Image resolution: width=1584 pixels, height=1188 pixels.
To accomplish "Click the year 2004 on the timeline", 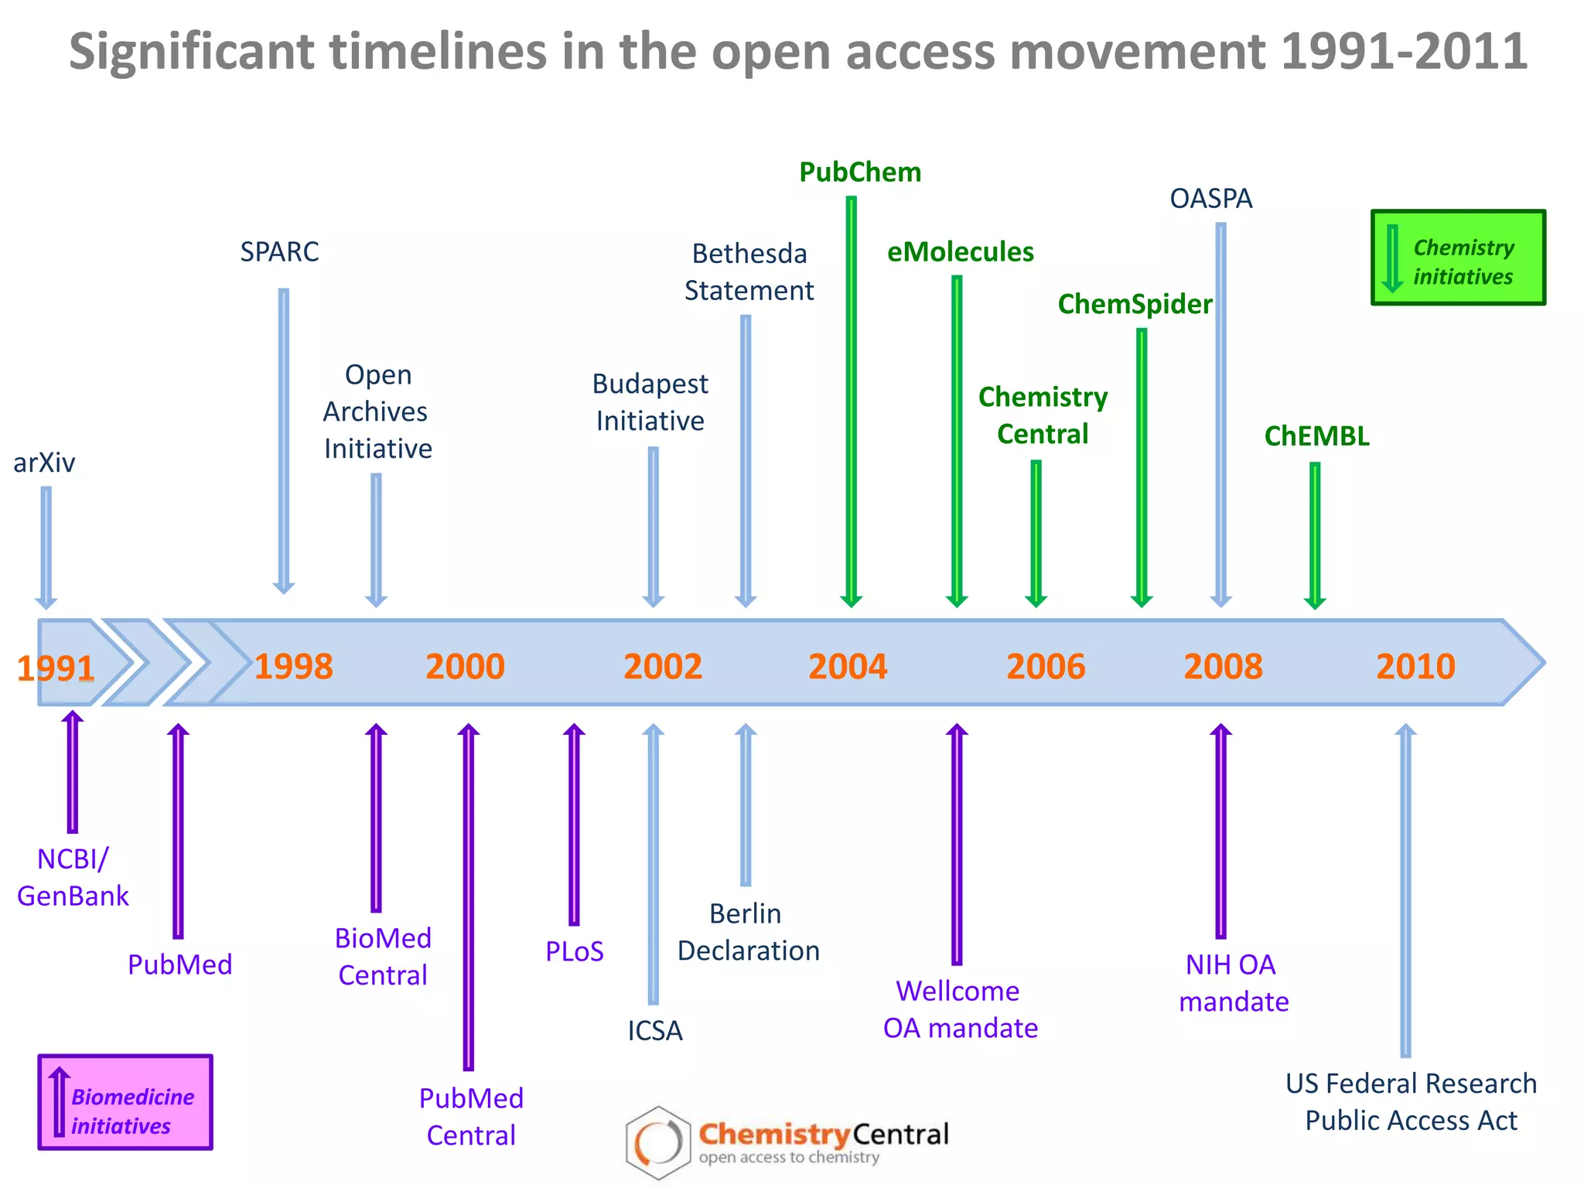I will (848, 667).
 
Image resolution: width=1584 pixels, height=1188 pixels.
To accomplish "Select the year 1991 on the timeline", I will (56, 668).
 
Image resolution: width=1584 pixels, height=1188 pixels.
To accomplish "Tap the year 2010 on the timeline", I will (1415, 667).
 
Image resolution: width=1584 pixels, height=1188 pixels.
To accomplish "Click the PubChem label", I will (860, 172).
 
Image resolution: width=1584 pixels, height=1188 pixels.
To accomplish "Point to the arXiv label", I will (44, 463).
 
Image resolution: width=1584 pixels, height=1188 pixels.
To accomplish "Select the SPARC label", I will (279, 252).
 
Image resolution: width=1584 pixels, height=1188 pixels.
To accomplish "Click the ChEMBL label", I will (1316, 436).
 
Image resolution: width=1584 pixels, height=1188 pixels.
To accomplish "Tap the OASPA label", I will (1210, 199).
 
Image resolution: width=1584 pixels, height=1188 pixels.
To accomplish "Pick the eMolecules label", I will (960, 252).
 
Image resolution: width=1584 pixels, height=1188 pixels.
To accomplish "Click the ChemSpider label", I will (1135, 305).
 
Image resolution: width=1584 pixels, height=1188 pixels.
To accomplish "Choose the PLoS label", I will (574, 951).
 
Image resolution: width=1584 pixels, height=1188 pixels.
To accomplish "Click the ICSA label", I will (654, 1031).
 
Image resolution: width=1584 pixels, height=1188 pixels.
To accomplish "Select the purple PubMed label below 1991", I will (179, 964).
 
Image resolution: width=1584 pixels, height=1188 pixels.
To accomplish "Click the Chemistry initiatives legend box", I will (1458, 258).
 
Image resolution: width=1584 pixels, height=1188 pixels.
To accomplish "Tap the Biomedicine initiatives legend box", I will (125, 1102).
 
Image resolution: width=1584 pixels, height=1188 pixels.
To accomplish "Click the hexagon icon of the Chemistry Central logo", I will (657, 1142).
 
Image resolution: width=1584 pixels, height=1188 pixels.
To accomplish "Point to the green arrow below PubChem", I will (851, 402).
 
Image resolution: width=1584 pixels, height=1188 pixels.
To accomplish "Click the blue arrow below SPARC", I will (284, 441).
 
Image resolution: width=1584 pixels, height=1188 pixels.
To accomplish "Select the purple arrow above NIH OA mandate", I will (1220, 831).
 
